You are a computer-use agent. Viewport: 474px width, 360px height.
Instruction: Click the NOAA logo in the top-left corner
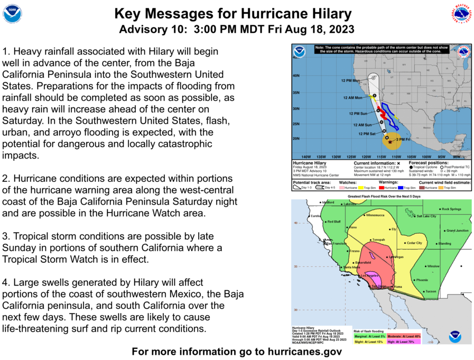pyautogui.click(x=13, y=14)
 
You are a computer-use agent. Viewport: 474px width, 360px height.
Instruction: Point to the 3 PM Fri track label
pyautogui.click(x=403, y=139)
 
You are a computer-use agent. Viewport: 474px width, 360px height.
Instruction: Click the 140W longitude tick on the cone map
pyautogui.click(x=305, y=157)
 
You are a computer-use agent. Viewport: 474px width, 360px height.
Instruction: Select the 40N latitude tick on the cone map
pyautogui.click(x=296, y=76)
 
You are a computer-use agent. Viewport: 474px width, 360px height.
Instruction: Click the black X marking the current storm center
pyautogui.click(x=391, y=142)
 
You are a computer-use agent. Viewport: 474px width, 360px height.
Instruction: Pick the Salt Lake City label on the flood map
pyautogui.click(x=426, y=216)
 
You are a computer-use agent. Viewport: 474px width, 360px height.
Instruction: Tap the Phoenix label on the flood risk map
pyautogui.click(x=422, y=280)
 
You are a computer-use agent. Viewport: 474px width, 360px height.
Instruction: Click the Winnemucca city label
pyautogui.click(x=375, y=215)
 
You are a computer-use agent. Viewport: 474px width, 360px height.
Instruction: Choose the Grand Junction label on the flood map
pyautogui.click(x=457, y=230)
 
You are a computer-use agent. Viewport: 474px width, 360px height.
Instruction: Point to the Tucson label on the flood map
pyautogui.click(x=431, y=291)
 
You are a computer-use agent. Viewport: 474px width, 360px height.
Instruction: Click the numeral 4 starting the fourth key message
pyautogui.click(x=5, y=283)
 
